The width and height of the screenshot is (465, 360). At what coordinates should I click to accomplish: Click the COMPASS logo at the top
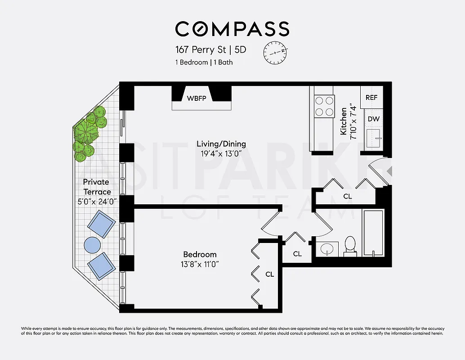[x=232, y=29]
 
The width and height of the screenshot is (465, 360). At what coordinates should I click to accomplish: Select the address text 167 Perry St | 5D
[x=210, y=49]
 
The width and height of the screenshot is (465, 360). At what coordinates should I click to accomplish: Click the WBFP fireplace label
[x=197, y=99]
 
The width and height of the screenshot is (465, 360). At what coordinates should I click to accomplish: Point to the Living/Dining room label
[x=221, y=144]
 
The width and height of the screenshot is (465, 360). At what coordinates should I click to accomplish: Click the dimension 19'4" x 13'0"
[x=221, y=153]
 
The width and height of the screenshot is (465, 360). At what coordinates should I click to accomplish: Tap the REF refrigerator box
[x=371, y=97]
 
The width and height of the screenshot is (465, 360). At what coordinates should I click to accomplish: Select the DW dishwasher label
[x=373, y=119]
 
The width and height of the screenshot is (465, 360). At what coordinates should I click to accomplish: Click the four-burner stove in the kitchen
[x=324, y=107]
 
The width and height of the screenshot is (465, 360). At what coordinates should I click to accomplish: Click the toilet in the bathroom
[x=349, y=246]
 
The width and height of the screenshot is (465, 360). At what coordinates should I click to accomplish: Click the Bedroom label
[x=200, y=254]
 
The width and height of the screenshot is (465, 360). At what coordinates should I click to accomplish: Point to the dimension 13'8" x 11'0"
[x=200, y=264]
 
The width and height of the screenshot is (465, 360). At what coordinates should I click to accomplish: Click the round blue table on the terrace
[x=93, y=245]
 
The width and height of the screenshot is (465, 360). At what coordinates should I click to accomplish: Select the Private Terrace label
[x=97, y=187]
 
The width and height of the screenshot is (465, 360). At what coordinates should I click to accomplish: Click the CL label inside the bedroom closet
[x=269, y=274]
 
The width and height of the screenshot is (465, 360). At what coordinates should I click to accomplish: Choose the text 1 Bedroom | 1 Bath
[x=204, y=62]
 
